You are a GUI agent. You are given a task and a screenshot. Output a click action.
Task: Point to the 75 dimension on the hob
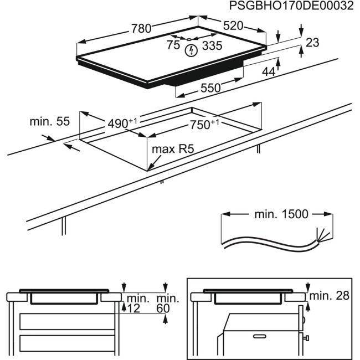(x=173, y=45)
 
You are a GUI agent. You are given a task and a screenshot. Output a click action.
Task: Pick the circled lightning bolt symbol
(x=191, y=51)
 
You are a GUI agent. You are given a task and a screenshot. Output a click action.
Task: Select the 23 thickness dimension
(x=313, y=42)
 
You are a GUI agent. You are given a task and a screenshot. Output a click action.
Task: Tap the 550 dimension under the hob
(x=210, y=88)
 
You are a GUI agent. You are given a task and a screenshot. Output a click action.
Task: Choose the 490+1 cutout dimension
(x=121, y=124)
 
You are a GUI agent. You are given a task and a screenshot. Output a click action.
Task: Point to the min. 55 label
(x=49, y=122)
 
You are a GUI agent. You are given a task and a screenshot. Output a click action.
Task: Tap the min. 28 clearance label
(x=330, y=296)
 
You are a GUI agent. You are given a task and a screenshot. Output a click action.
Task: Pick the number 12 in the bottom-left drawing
(x=133, y=308)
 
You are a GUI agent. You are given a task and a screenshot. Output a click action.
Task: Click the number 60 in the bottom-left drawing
(x=163, y=308)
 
